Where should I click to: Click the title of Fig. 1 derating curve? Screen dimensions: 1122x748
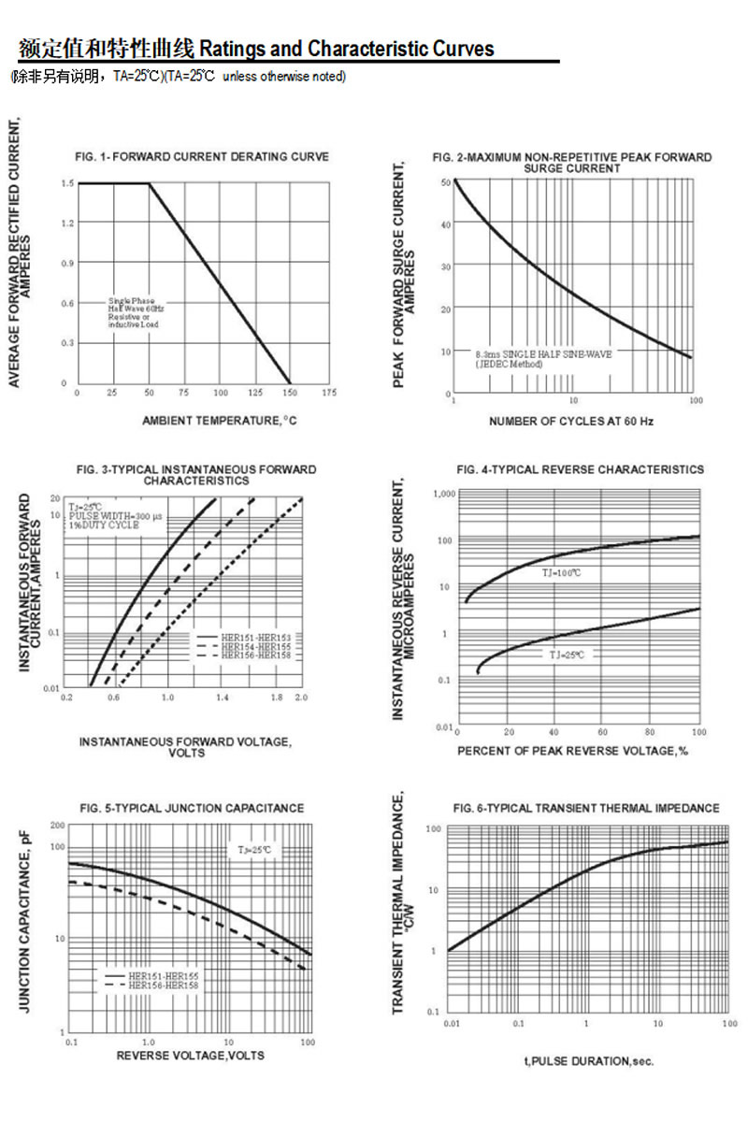coord(201,157)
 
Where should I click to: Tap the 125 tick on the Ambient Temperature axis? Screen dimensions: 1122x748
coord(255,393)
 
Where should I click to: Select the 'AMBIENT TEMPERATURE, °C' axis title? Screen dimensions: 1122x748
coord(219,421)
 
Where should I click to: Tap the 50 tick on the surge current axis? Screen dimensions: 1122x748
coord(445,181)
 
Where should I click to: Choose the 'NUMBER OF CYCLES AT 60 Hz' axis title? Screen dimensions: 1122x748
coord(571,422)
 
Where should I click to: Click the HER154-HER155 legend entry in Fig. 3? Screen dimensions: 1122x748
coord(263,646)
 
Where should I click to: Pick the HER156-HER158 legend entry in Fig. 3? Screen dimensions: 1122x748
coord(263,655)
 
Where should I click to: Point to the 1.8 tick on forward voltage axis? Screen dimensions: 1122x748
coord(278,698)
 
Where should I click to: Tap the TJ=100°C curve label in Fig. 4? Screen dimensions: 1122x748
coord(561,572)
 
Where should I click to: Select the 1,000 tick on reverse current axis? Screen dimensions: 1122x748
coord(443,494)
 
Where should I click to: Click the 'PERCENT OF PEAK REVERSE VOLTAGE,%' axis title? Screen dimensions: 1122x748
coord(572,752)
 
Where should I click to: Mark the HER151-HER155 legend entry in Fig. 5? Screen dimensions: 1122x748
coord(164,976)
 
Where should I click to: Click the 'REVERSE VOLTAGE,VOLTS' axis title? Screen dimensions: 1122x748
coord(190,1056)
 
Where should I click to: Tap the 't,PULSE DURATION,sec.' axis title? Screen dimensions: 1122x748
coord(589,1061)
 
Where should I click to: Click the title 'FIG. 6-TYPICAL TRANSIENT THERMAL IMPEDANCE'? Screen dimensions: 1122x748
coord(586,808)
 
